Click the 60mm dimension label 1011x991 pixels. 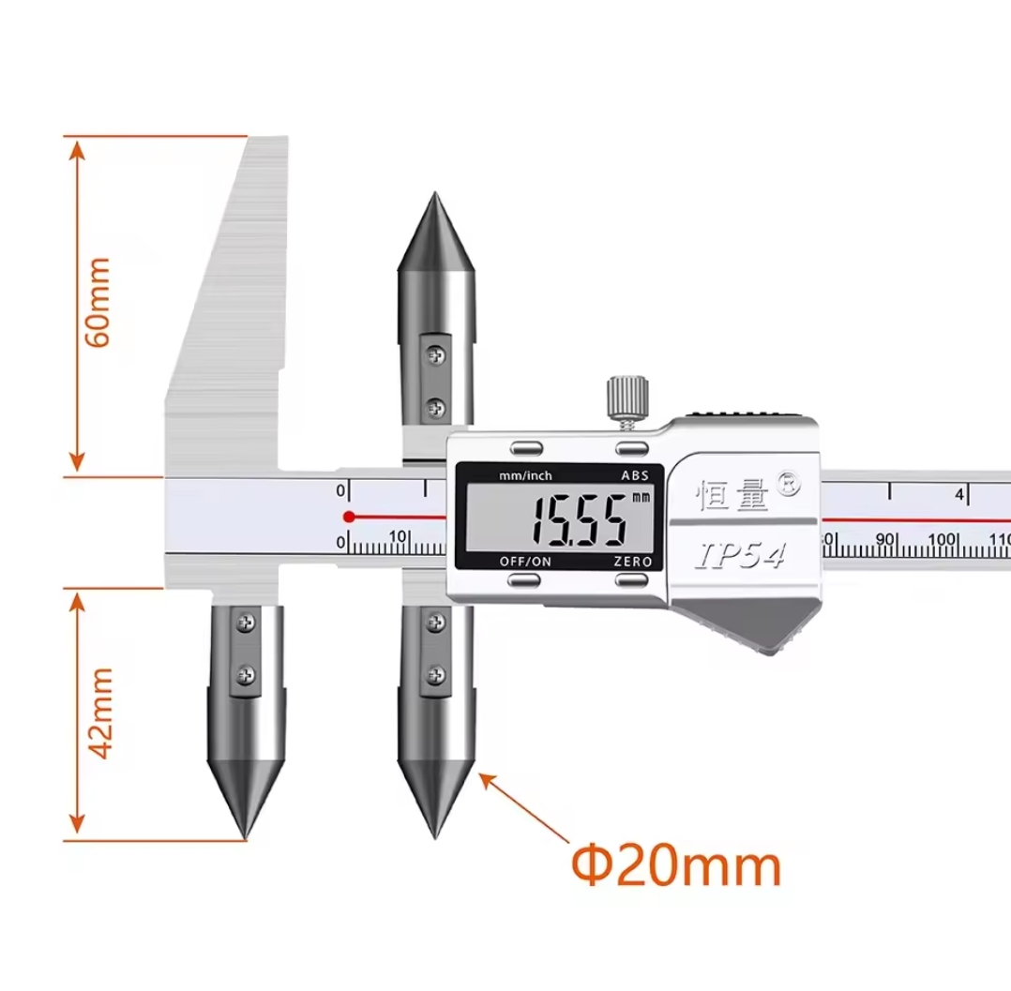98,303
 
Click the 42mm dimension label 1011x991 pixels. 100,713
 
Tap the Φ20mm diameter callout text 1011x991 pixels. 676,866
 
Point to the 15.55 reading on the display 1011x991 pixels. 578,520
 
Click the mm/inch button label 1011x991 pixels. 525,476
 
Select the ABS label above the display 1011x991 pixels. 634,476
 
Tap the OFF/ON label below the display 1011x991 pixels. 525,562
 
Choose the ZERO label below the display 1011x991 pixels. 632,562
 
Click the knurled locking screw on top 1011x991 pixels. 626,399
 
